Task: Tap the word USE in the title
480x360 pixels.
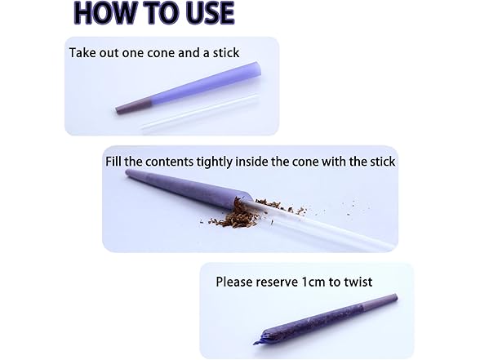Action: [209, 12]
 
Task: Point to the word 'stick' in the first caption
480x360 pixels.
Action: [226, 52]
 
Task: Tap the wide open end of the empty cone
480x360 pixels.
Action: [256, 70]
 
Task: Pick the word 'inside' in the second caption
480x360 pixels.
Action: [251, 162]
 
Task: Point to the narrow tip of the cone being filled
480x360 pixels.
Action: [128, 174]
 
